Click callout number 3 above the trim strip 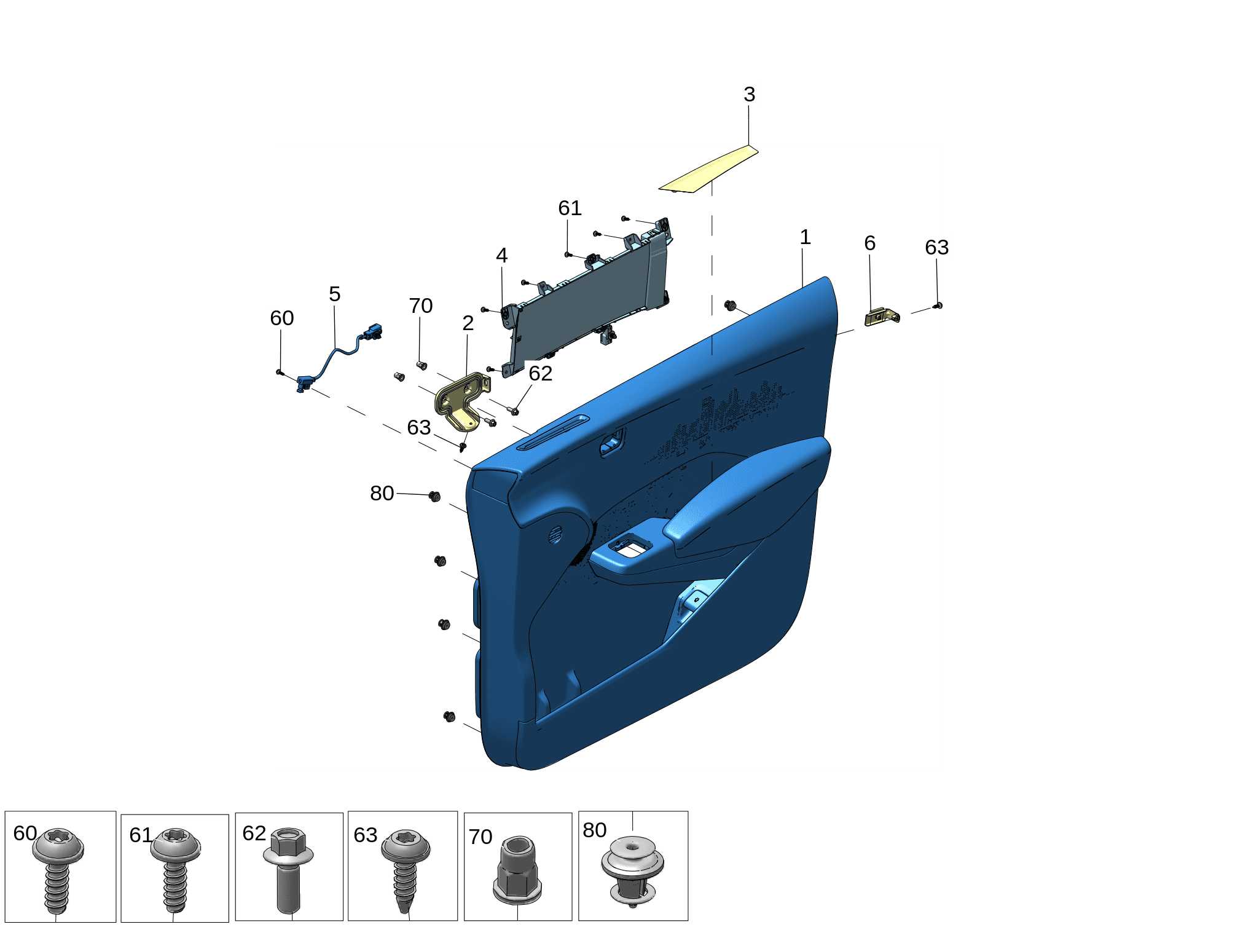tap(749, 95)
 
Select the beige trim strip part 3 tap(709, 170)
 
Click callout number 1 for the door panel tap(806, 237)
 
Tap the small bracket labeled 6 tap(882, 317)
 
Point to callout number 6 tap(869, 243)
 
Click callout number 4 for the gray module tap(502, 256)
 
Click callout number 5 tap(334, 294)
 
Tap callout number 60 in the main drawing tap(282, 318)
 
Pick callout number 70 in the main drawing tap(421, 306)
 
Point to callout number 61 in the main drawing tap(570, 208)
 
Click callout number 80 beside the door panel tap(382, 494)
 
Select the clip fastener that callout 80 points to tap(434, 496)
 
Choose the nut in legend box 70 tap(517, 869)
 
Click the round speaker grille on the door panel tap(555, 534)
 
